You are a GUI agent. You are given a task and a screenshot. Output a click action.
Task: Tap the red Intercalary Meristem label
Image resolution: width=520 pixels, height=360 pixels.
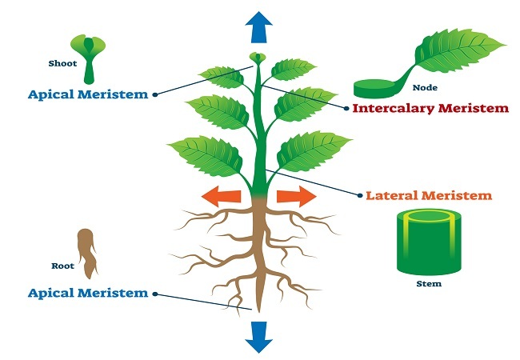[x=430, y=108]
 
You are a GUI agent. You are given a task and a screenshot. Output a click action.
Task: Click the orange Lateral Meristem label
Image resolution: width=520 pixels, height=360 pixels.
[x=428, y=194]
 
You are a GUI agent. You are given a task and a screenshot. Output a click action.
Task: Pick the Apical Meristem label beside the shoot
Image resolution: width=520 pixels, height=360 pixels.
[x=88, y=94]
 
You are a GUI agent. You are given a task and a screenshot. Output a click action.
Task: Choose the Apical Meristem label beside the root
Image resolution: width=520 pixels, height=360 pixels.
[x=88, y=293]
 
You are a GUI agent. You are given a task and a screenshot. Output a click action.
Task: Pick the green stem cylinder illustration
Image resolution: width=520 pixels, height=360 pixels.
[x=429, y=243]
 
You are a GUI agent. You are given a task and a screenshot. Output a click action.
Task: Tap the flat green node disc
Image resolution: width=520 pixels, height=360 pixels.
[x=376, y=86]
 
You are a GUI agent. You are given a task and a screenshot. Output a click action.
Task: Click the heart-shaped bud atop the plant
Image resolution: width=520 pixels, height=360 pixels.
[x=257, y=58]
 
